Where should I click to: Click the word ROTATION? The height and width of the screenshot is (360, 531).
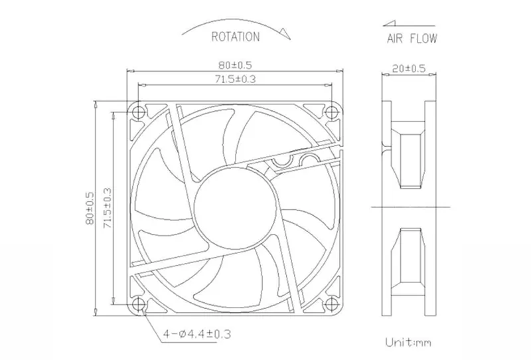click(x=236, y=37)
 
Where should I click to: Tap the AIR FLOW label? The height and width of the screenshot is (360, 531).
click(x=412, y=39)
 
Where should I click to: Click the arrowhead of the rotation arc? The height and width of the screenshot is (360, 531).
click(x=285, y=33)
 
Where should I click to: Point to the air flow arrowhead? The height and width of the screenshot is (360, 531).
click(x=389, y=23)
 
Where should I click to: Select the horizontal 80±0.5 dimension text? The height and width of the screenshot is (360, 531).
click(x=235, y=64)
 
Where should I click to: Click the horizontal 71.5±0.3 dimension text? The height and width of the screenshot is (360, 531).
click(x=236, y=79)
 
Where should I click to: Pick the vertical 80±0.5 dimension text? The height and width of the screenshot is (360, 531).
click(x=90, y=208)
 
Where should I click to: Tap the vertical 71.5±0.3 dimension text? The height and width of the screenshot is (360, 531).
click(x=107, y=208)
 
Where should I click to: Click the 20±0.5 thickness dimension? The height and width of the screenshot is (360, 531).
click(x=408, y=68)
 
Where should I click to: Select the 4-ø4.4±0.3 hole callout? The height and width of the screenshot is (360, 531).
click(x=197, y=334)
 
